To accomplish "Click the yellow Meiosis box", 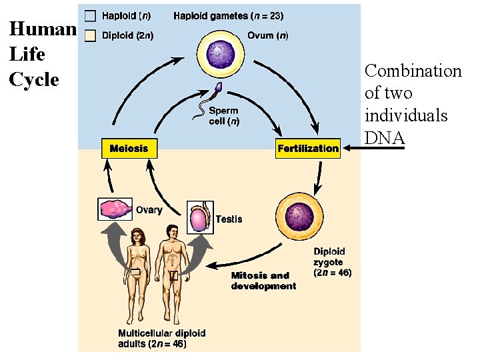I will (x=129, y=148).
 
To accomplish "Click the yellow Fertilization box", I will (x=308, y=148).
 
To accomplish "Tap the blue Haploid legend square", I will (x=90, y=15).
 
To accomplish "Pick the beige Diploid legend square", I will (x=90, y=35).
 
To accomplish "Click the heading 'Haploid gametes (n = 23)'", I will (x=228, y=15).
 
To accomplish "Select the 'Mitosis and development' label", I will (x=263, y=281).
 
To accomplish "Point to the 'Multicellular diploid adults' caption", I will (x=161, y=338).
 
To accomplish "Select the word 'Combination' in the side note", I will (x=413, y=71).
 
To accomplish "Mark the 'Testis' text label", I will (x=229, y=219).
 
